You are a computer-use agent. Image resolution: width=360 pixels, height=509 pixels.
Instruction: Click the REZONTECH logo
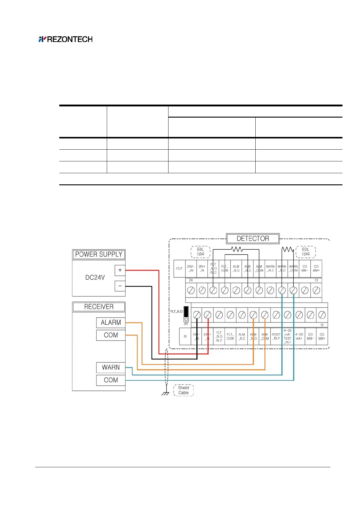coord(66,39)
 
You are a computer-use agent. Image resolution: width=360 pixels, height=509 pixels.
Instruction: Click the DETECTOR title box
coord(253,238)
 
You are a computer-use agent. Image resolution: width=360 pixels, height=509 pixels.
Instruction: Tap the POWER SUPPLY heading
coord(99,254)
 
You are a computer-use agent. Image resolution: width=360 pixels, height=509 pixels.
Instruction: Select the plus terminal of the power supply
coord(120,270)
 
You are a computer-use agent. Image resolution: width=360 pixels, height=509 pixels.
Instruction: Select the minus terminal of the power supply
coord(120,286)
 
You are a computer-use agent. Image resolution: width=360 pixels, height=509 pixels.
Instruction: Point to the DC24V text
coord(95,277)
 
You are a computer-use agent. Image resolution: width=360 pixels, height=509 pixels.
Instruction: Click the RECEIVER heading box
coord(99,307)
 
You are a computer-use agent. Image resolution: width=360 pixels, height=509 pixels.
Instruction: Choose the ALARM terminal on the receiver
coord(111,323)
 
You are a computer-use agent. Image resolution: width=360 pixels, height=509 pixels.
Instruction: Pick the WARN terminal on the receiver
coord(111,367)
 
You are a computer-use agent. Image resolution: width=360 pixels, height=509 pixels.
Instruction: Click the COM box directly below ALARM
coord(111,335)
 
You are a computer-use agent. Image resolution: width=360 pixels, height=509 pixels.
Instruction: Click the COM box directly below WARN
coord(111,380)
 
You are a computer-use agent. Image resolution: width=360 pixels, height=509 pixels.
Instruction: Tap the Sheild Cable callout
coord(183,390)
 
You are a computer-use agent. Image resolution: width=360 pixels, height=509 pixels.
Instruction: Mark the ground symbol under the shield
coord(165,394)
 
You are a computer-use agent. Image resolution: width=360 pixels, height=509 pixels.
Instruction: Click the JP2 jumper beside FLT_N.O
coord(186,314)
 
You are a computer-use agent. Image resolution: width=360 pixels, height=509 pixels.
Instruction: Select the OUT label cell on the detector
coord(179,268)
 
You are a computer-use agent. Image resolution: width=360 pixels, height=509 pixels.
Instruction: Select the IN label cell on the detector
coord(185,336)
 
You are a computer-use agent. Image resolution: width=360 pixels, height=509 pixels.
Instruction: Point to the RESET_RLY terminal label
coord(276,336)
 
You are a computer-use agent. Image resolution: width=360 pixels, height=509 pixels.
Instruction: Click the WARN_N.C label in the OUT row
coord(270,268)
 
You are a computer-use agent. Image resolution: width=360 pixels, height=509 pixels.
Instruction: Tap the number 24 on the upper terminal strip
coord(191,280)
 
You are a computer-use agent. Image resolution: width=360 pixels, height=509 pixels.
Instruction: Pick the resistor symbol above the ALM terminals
coord(237,249)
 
